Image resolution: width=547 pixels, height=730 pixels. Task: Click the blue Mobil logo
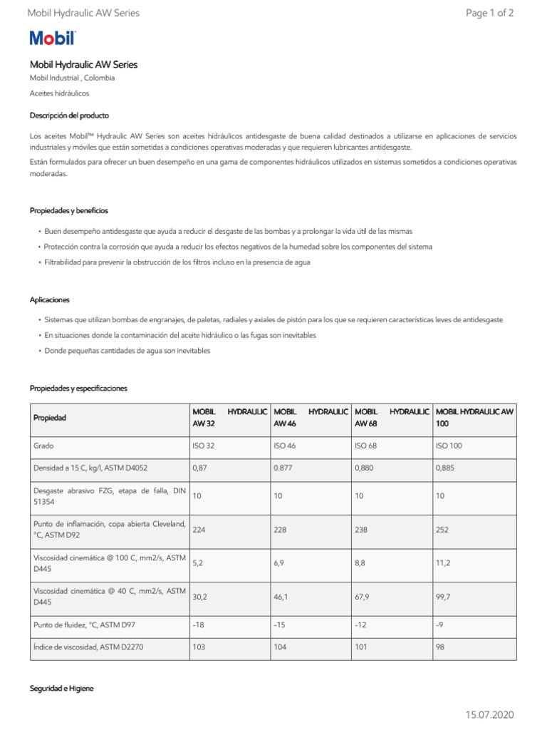point(52,38)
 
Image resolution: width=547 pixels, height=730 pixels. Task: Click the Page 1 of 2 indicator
point(489,13)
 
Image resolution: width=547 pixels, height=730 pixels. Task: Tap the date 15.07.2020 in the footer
point(489,714)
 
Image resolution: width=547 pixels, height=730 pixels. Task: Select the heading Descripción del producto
point(69,115)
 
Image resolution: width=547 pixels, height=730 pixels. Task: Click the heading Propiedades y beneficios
point(69,211)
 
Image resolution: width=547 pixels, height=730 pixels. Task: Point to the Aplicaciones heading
point(49,300)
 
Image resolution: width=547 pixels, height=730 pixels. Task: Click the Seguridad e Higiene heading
point(61,689)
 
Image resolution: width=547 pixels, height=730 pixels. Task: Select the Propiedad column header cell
point(49,418)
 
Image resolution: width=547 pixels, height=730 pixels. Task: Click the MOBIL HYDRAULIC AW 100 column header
point(474,418)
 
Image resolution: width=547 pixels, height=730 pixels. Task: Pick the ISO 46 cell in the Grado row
point(285,446)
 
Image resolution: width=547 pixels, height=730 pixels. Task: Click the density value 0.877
point(283,468)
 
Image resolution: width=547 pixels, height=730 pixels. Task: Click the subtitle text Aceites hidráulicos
point(59,93)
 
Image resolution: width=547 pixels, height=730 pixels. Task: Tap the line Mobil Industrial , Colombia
point(72,78)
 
